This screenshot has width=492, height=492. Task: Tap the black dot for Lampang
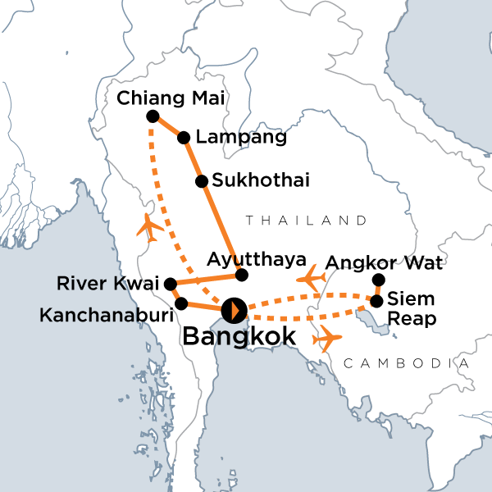pos(184,138)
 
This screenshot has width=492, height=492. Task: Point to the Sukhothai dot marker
pos(200,180)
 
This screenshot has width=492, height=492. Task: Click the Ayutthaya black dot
pos(241,274)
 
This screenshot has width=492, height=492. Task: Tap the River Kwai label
pos(108,285)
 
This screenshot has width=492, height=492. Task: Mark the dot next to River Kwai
pos(171,285)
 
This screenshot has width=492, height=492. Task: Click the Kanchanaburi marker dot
pos(181,303)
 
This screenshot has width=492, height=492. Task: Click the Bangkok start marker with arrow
pos(234,310)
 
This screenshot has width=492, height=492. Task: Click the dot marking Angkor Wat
pos(378,280)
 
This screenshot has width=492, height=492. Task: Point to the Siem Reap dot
pos(376,301)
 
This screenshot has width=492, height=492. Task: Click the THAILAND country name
pos(305,221)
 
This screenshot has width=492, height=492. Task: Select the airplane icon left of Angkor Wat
pos(309,278)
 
